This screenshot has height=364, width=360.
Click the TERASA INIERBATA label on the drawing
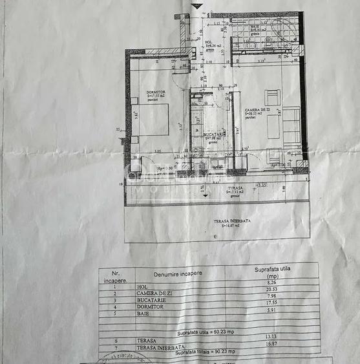232,220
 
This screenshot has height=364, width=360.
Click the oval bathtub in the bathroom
282,30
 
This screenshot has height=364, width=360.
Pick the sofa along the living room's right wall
292,123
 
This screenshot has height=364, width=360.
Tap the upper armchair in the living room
272,98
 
